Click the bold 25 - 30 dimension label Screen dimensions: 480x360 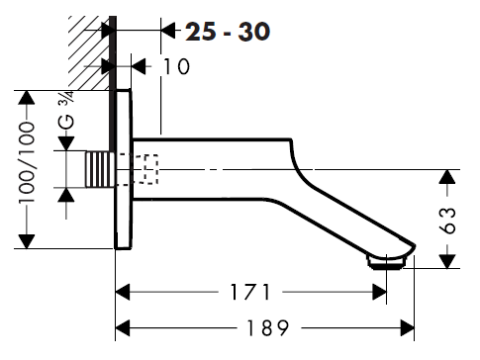228,32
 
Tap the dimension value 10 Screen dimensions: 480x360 177,66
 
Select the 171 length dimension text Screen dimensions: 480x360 250,292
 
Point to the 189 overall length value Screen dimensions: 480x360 267,327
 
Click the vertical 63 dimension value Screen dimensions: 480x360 449,221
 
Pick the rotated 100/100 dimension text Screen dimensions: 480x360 27,162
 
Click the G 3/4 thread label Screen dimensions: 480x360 65,110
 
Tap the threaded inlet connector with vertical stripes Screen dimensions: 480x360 98,169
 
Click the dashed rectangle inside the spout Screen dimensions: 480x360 150,169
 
